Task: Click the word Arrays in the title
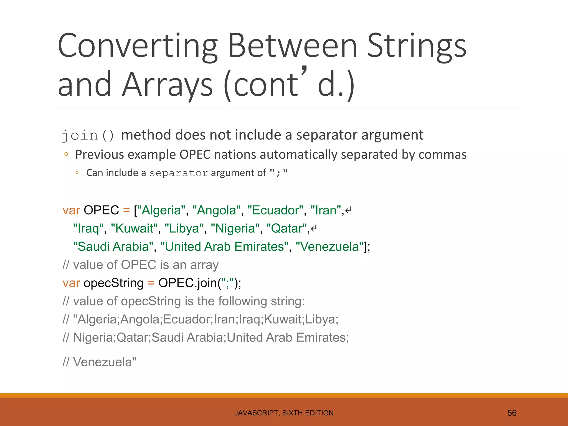168,84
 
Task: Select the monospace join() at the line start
88,136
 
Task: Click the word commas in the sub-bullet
442,154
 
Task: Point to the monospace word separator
179,173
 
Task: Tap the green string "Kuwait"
134,229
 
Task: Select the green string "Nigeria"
235,229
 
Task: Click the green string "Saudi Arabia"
113,247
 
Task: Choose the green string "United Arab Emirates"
224,247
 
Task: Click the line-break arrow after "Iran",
348,210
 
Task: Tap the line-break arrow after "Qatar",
314,229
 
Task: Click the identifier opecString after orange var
113,283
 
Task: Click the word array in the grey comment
204,265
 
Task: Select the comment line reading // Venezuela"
99,362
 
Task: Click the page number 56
512,413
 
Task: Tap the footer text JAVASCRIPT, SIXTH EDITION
284,413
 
